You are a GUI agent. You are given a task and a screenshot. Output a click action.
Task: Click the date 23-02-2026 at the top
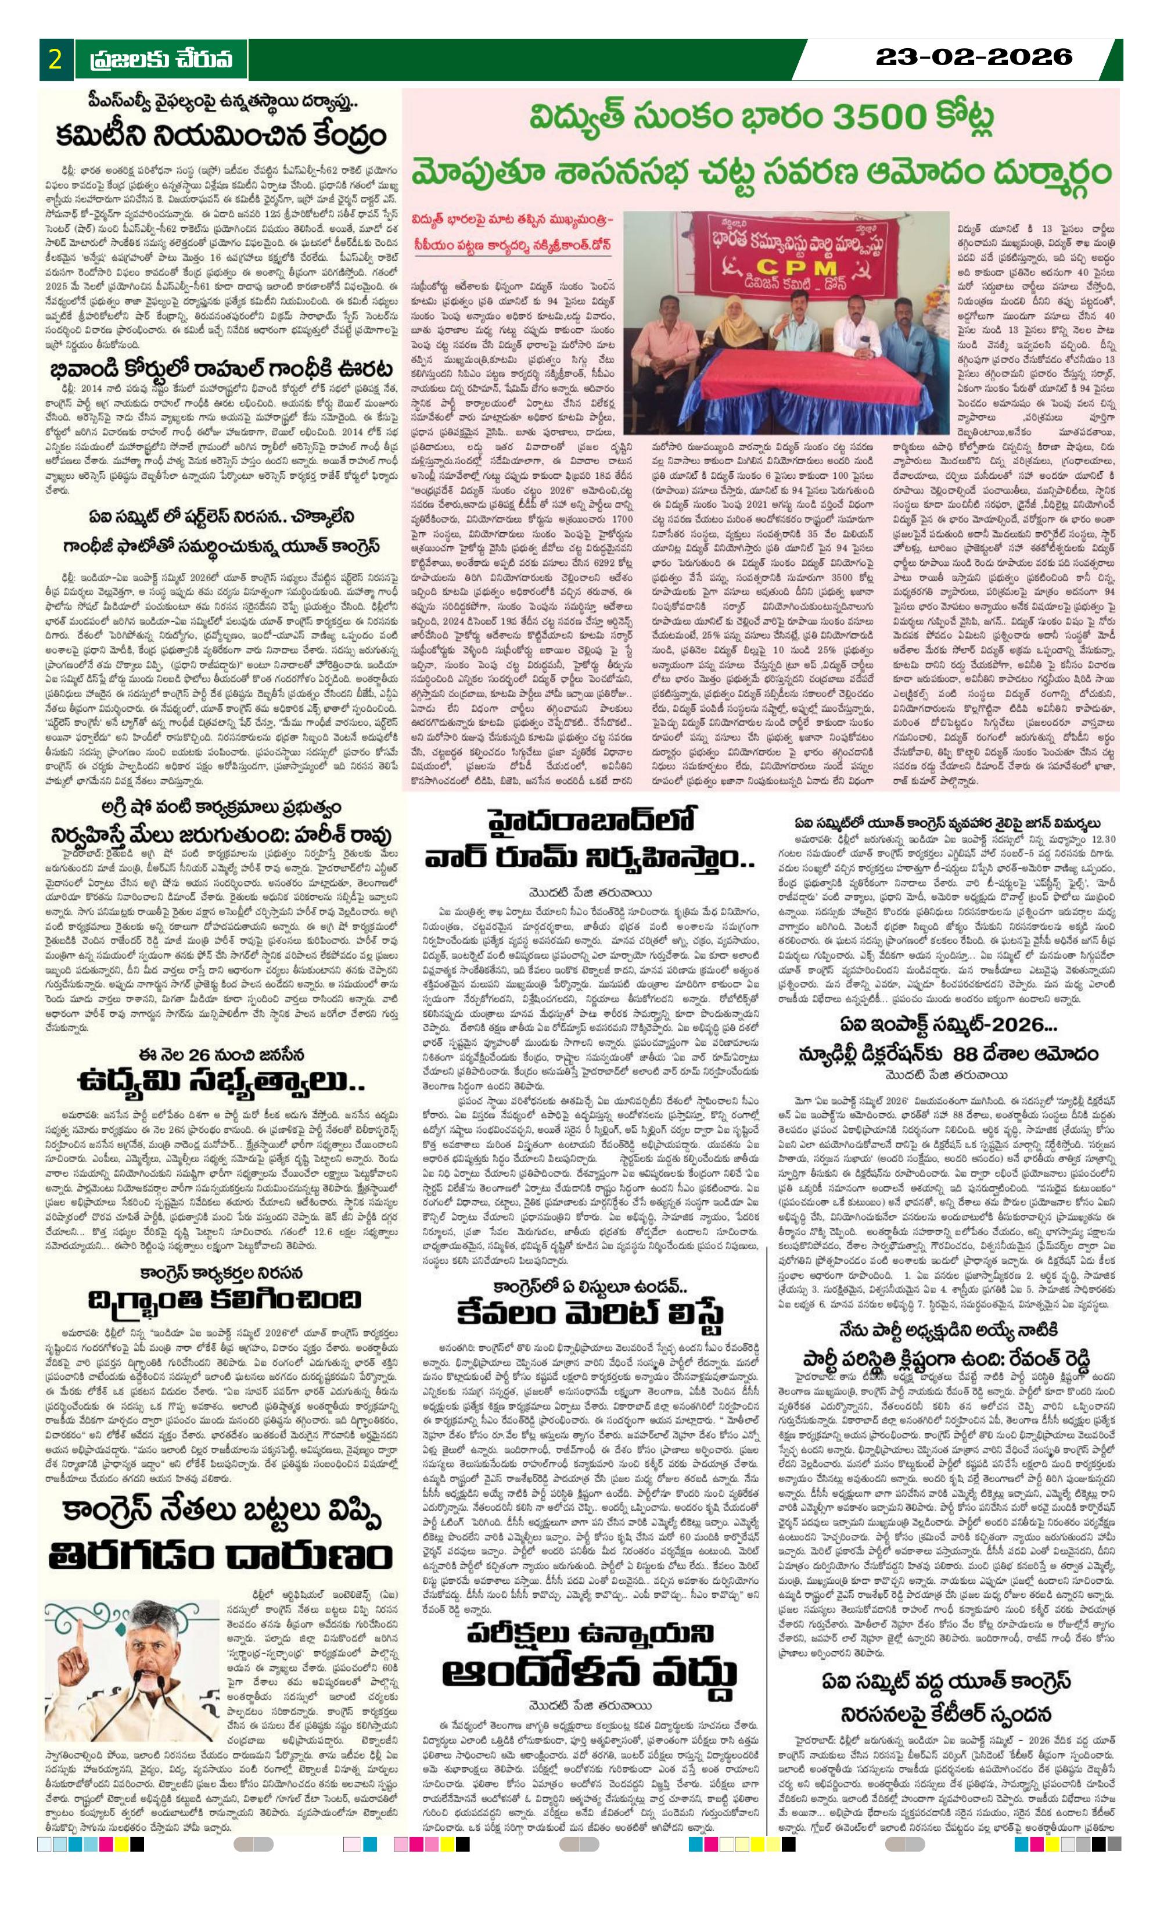974,56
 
